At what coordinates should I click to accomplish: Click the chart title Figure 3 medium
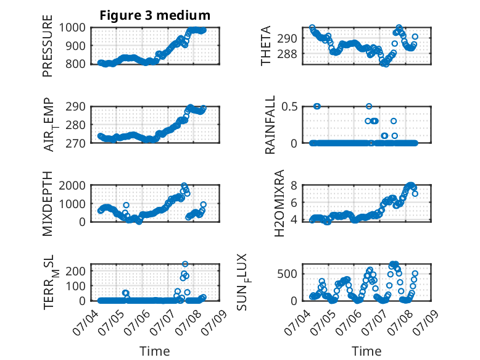pos(155,15)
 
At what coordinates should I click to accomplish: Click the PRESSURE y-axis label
pos(48,50)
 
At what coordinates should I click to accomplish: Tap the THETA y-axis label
pos(266,46)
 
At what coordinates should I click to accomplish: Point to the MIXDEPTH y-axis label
pos(48,204)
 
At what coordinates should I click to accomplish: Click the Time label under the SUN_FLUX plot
pos(366,351)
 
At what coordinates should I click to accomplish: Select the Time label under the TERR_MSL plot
pos(155,351)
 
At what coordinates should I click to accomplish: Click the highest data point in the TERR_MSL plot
pos(185,264)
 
